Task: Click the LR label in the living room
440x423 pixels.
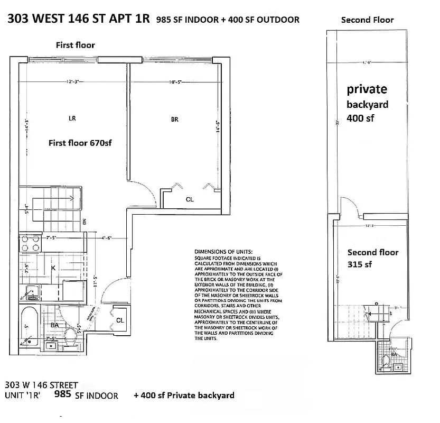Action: (x=72, y=118)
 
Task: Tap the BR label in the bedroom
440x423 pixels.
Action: (x=174, y=119)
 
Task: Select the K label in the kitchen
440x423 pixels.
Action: (x=53, y=268)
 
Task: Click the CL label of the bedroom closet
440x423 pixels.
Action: (x=190, y=199)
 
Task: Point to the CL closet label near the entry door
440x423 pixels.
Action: (x=120, y=320)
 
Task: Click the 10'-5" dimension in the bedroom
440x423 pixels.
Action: (x=175, y=82)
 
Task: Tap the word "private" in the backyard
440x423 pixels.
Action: (x=367, y=89)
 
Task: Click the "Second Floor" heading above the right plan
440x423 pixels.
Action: (x=367, y=20)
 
